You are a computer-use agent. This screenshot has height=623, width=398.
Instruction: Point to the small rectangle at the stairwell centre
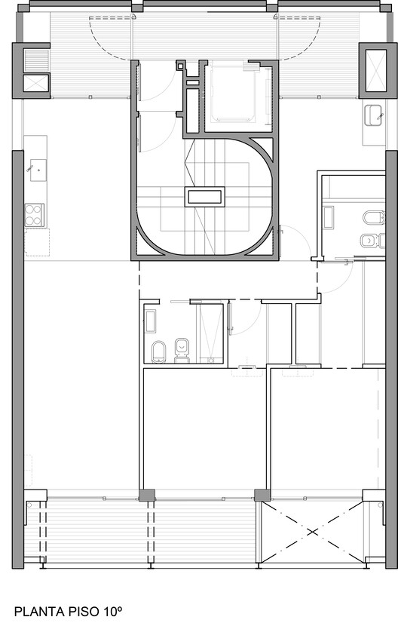pyautogui.click(x=205, y=198)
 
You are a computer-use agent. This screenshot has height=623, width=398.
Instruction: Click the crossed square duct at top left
pyautogui.click(x=35, y=83)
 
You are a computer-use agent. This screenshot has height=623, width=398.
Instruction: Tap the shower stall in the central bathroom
pyautogui.click(x=211, y=333)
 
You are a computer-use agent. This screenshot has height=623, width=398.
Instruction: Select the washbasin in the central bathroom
pyautogui.click(x=150, y=321)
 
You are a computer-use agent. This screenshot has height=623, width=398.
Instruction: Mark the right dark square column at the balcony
pyautogui.click(x=262, y=496)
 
